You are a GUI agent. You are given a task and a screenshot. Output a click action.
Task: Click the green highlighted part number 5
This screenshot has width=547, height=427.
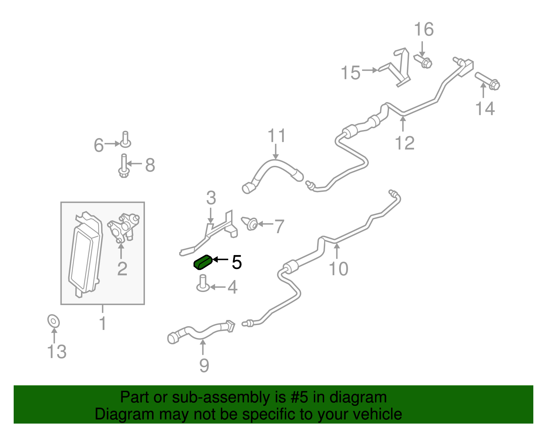203,262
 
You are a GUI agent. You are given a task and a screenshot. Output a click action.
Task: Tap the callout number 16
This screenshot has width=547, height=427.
424,29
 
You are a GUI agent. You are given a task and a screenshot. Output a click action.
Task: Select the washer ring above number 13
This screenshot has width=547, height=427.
54,321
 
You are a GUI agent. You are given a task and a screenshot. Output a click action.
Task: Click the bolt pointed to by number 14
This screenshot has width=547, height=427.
487,81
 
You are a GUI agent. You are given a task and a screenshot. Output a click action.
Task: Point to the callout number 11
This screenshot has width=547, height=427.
277,136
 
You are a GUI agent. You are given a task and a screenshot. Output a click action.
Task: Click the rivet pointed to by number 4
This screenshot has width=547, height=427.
203,283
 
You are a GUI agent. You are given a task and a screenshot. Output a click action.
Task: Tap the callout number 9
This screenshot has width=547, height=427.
204,366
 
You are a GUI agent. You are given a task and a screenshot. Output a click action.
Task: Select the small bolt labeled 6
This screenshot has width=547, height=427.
125,139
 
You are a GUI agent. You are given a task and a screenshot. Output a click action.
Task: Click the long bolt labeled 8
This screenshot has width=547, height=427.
124,166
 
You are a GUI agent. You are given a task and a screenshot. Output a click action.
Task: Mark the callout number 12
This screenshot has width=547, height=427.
405,143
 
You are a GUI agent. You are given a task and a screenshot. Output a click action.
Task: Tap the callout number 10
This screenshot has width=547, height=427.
338,269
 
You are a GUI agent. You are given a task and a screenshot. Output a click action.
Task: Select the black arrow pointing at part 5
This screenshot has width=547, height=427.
221,259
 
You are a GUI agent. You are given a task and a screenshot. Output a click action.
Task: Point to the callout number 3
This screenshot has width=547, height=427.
211,198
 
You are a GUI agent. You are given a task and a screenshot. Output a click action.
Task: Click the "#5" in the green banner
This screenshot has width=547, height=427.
299,397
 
